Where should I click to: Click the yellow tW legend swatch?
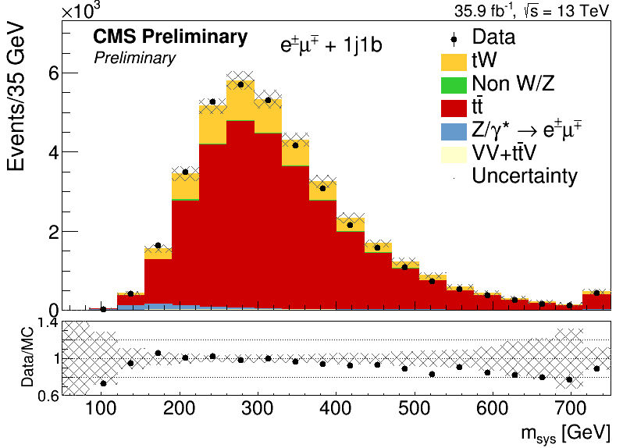(x=454, y=62)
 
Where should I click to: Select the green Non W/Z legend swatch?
(x=454, y=85)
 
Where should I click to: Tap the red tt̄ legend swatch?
(x=454, y=108)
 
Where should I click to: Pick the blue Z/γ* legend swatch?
(x=454, y=132)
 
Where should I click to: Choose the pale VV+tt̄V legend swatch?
(x=454, y=155)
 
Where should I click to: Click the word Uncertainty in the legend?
(x=525, y=176)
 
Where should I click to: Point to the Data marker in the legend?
(x=454, y=39)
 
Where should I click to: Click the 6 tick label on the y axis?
(x=54, y=73)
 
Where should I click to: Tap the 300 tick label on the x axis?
(x=258, y=408)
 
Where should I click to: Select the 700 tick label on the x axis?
(x=571, y=408)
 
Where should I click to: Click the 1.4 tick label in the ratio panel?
(x=48, y=323)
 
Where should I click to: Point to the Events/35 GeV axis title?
(x=16, y=98)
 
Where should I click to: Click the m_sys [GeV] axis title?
(x=565, y=433)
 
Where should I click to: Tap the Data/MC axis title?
(x=27, y=357)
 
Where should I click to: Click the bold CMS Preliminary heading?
(x=170, y=37)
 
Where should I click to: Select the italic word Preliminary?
(x=135, y=59)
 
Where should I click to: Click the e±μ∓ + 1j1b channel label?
(x=331, y=44)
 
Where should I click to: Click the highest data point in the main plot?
(x=240, y=84)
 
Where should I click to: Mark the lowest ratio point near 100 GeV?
(x=103, y=383)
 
